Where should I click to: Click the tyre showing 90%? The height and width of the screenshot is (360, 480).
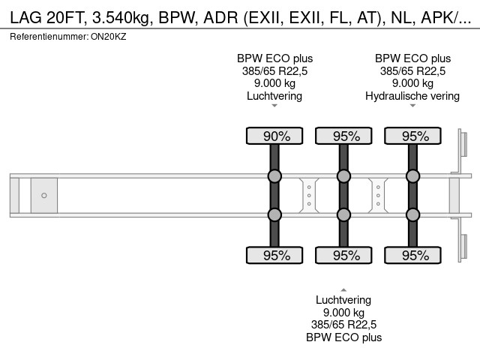pos(274,136)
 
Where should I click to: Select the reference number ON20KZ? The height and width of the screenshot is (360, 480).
pos(109,37)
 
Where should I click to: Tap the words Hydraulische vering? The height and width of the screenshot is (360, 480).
pos(412,96)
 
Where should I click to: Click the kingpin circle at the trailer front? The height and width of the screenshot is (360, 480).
pos(44,195)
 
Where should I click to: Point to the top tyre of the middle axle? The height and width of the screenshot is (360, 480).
pos(343,136)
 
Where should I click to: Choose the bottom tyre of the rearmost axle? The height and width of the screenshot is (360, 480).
pos(412,255)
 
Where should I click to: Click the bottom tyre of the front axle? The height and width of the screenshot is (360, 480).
pos(274,255)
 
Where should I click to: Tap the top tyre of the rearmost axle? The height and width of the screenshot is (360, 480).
pos(412,136)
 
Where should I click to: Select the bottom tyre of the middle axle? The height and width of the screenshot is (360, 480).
pos(343,255)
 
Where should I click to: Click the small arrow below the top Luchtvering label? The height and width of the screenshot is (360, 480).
pos(274,106)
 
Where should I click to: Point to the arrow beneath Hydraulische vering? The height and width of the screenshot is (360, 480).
pos(412,106)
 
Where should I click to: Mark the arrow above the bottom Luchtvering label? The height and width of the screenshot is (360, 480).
pos(343,289)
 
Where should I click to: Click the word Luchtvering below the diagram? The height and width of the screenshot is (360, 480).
pos(343,300)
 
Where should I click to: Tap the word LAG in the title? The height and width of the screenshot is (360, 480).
pos(25,18)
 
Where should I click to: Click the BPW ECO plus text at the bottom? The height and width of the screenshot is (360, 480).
pos(343,337)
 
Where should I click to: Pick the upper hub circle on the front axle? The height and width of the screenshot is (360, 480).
pos(274,176)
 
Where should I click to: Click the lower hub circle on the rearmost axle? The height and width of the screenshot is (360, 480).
pos(412,214)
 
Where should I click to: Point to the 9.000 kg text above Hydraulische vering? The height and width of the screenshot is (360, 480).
pos(412,83)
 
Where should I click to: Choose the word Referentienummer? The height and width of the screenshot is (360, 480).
pos(49,37)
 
